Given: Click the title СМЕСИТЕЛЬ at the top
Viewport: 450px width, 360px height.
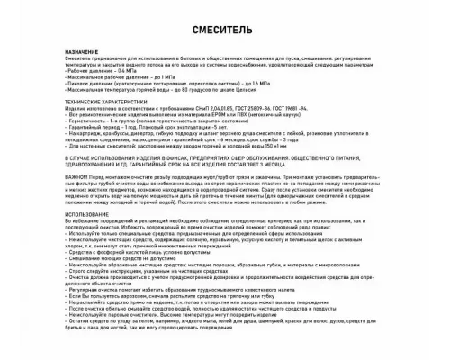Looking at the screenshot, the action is pyautogui.click(x=224, y=30).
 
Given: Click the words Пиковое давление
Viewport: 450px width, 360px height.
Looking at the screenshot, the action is pyautogui.click(x=88, y=88).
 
